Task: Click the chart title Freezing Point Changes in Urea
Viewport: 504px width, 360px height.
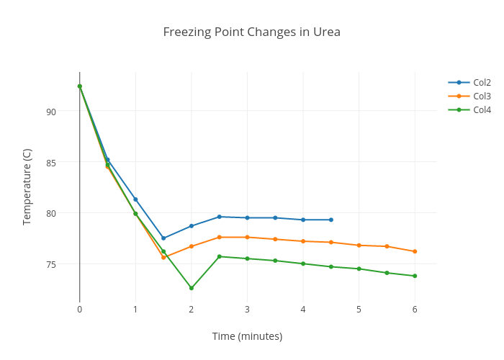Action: pyautogui.click(x=251, y=32)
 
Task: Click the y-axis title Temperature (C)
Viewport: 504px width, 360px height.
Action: pyautogui.click(x=27, y=186)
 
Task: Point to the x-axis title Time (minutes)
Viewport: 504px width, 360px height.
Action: pyautogui.click(x=247, y=336)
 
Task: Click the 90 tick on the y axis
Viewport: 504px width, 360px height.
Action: pyautogui.click(x=50, y=112)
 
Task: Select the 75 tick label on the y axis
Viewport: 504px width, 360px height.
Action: pyautogui.click(x=50, y=264)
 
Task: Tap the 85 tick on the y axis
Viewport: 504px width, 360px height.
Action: pyautogui.click(x=50, y=163)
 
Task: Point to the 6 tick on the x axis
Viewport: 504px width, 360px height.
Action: pyautogui.click(x=415, y=310)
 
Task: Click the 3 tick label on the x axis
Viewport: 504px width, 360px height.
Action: pyautogui.click(x=247, y=310)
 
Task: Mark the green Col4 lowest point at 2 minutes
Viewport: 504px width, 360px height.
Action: pyautogui.click(x=192, y=288)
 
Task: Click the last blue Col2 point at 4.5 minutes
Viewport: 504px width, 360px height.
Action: pyautogui.click(x=331, y=220)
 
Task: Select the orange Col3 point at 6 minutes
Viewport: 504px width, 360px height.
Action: pyautogui.click(x=415, y=251)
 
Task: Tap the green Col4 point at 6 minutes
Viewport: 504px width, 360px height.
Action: pyautogui.click(x=415, y=276)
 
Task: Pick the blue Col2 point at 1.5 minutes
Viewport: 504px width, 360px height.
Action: pyautogui.click(x=163, y=238)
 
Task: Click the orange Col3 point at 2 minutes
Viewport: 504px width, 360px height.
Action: pyautogui.click(x=192, y=246)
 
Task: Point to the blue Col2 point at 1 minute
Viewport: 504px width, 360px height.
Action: pyautogui.click(x=135, y=199)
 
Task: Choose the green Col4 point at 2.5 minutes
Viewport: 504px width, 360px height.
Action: pyautogui.click(x=220, y=256)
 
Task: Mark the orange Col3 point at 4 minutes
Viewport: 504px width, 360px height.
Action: pyautogui.click(x=303, y=241)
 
